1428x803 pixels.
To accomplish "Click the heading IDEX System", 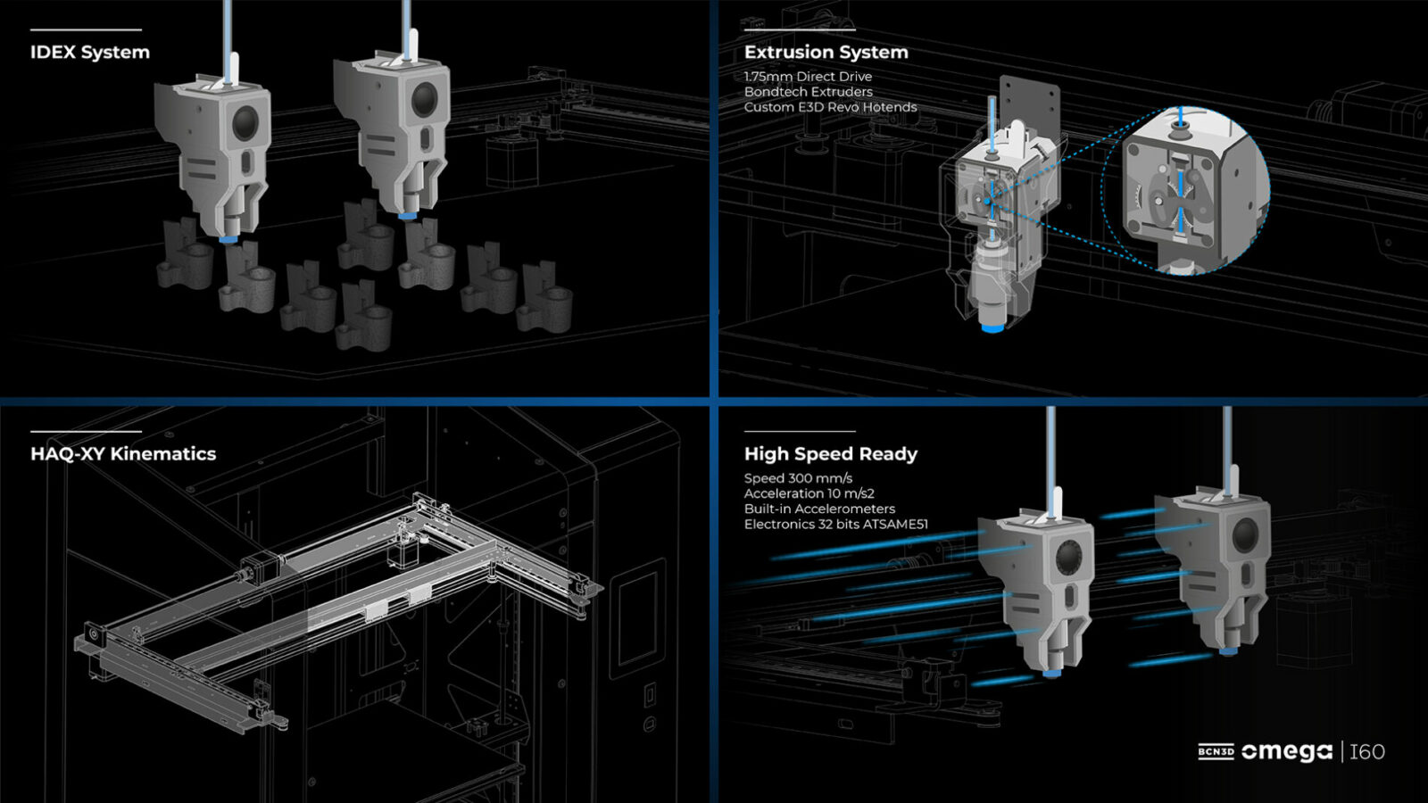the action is [90, 53].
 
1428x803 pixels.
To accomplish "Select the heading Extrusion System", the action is [826, 53].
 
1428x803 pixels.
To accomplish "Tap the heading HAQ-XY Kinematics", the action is [123, 454].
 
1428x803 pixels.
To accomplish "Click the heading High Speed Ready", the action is [830, 454].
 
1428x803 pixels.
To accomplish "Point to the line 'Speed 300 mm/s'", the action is [798, 478].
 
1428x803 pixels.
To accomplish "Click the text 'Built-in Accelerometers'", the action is [819, 509].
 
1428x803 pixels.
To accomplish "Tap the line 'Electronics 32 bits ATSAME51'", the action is [835, 524].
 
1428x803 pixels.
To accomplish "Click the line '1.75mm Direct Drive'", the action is [808, 77].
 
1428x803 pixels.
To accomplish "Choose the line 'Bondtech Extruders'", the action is [808, 92].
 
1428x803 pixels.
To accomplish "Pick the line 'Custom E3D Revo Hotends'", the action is [830, 107].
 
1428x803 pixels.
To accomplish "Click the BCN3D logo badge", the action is [1216, 752].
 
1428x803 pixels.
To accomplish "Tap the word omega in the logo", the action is [1286, 752].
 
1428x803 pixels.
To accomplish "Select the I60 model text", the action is [1366, 752].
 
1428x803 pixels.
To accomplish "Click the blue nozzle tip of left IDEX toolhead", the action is [228, 239].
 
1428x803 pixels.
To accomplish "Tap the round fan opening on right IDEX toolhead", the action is [424, 100].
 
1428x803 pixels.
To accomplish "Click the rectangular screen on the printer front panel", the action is [637, 616].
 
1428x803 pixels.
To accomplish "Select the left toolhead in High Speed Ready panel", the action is [1040, 589].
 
